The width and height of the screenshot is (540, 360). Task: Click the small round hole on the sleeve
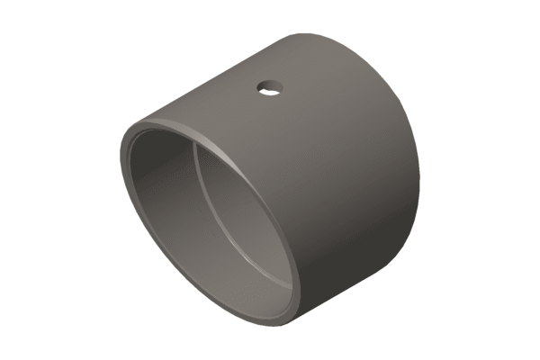click(x=269, y=88)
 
